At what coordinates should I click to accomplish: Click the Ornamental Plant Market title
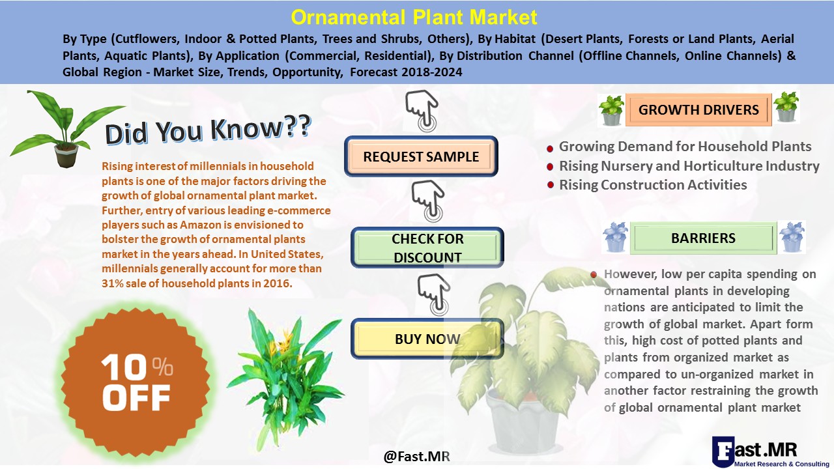point(414,17)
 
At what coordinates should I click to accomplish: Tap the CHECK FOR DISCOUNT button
point(427,248)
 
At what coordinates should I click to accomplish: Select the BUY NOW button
point(427,339)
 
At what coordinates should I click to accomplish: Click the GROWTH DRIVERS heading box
point(698,110)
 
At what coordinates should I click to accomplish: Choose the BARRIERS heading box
point(703,238)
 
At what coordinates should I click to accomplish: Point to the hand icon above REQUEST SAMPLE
point(422,111)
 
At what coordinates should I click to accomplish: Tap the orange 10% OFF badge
point(136,382)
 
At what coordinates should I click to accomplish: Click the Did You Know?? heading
point(208,130)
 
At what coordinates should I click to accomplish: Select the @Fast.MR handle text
point(416,457)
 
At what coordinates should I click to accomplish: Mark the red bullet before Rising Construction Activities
point(551,185)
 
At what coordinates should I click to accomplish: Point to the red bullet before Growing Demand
point(550,149)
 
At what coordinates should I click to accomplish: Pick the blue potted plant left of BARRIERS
point(614,237)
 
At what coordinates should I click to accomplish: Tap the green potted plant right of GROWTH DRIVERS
point(786,107)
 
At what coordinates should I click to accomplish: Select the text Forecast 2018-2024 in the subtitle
point(406,72)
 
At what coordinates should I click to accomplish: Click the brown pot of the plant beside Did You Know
point(66,155)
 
